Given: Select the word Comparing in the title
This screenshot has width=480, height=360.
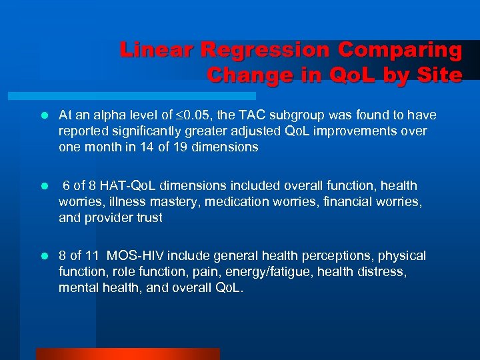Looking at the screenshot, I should (400, 51).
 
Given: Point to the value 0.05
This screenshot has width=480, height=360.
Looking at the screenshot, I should (184, 116).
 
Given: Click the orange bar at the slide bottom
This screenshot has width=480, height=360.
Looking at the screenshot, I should (127, 354).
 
